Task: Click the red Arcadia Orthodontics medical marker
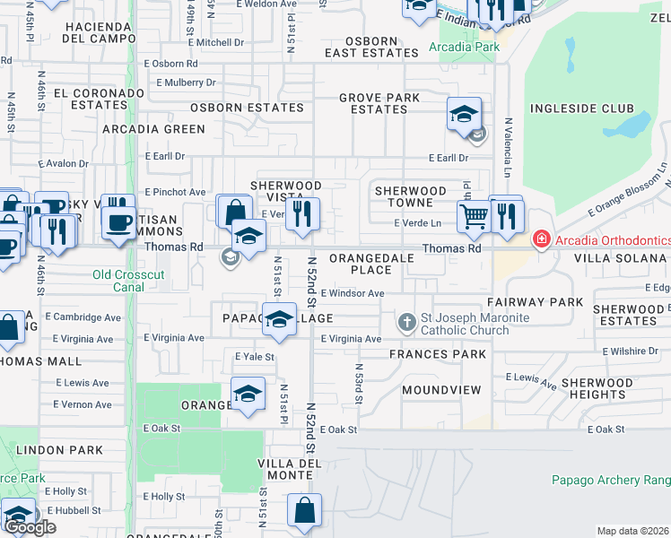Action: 542,239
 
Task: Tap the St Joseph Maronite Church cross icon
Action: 406,320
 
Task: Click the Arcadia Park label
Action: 463,47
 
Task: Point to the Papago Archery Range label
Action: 610,480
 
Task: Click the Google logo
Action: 30,527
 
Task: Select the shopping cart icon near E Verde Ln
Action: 473,215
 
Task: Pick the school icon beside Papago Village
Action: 280,319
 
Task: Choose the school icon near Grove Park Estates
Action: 464,115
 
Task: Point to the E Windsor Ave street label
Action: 352,293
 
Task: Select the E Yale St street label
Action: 255,356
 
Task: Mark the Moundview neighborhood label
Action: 441,390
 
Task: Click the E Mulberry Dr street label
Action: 186,82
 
